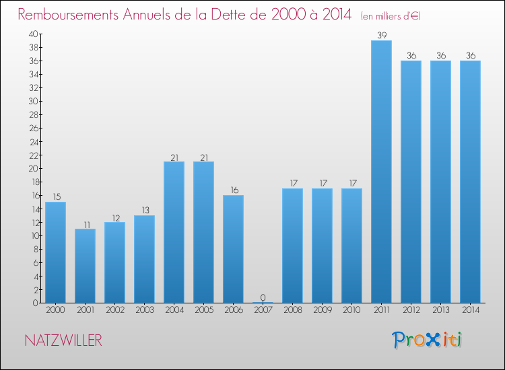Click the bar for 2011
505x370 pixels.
[381, 172]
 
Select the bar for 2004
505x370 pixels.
[174, 232]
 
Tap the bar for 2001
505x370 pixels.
[85, 266]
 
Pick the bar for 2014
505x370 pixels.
[470, 182]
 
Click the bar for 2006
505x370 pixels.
[233, 249]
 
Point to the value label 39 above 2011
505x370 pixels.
[381, 35]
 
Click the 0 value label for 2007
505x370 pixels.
[263, 297]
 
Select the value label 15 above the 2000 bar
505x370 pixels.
[55, 196]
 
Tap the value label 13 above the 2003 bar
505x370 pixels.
[144, 210]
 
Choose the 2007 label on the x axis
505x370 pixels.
[263, 311]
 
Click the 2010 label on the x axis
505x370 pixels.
[351, 311]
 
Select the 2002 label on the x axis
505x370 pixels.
[114, 311]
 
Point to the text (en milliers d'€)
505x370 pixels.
[391, 15]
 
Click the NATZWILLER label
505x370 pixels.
[63, 340]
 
